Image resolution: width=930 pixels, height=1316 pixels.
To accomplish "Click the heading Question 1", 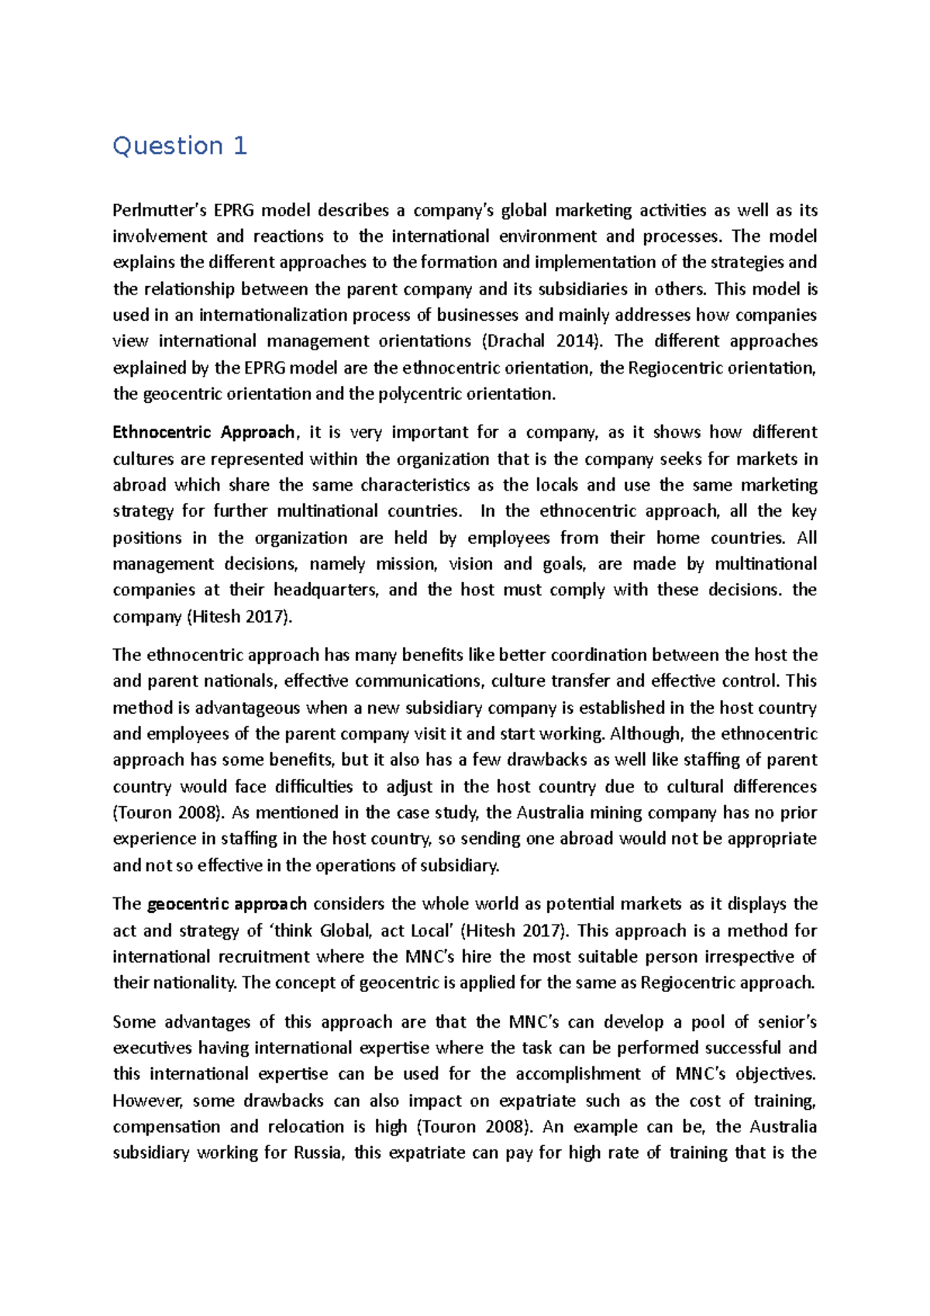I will (180, 146).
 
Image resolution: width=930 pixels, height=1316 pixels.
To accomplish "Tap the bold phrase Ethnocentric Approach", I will (204, 432).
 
